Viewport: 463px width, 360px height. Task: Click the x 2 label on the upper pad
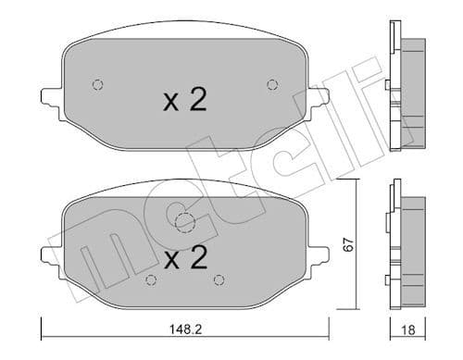pos(183,100)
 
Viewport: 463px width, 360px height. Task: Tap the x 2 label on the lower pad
pos(183,258)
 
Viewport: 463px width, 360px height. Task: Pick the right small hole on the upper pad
pos(271,84)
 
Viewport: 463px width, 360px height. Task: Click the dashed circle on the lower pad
pos(184,222)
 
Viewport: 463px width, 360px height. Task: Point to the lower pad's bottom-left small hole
pos(151,280)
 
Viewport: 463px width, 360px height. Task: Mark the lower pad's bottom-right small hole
pos(219,280)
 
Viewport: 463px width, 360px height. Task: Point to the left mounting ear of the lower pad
pos(49,252)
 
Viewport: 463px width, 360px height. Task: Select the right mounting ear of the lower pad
pos(320,252)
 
